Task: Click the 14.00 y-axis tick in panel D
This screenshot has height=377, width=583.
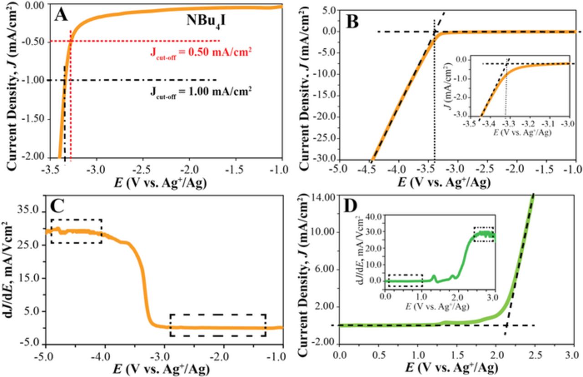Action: click(322, 196)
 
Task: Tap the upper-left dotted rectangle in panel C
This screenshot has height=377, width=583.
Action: click(76, 231)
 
